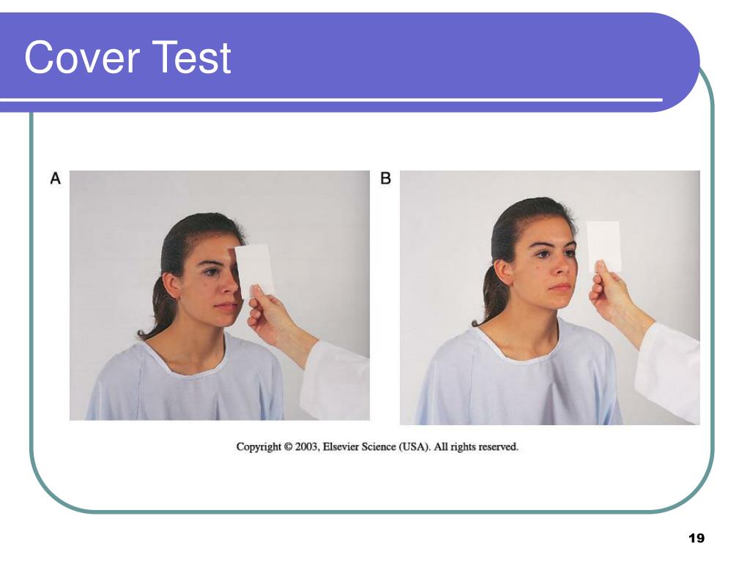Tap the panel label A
[55, 178]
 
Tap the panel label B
[385, 178]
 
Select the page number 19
[696, 539]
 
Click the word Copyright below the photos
[259, 446]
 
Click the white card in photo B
[604, 246]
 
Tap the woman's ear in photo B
[504, 270]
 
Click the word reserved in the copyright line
[498, 446]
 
